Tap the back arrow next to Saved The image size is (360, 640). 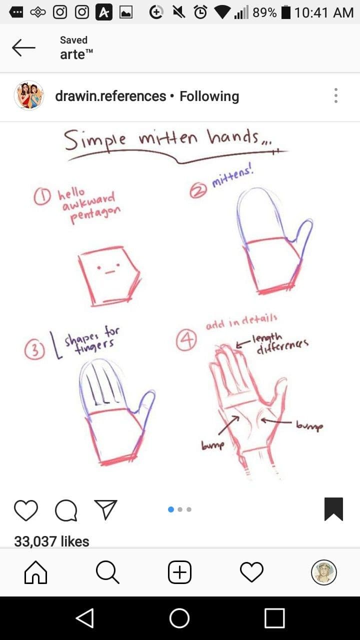point(23,47)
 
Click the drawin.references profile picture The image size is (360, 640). point(29,95)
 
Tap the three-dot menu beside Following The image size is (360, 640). point(336,95)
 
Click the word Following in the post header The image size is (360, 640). point(209,96)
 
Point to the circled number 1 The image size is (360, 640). point(42,197)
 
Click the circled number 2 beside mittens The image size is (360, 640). point(198,190)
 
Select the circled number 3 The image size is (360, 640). point(34,350)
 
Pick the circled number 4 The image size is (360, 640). point(186,340)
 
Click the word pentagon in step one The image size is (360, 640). point(95,214)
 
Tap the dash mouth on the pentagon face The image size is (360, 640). point(109,272)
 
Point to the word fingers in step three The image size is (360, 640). point(94,346)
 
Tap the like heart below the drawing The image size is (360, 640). point(26,510)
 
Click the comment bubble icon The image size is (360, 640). point(66,510)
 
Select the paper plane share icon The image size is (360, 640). point(105,509)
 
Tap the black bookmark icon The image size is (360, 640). point(333,509)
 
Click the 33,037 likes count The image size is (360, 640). point(51,541)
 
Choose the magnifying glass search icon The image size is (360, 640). point(107,571)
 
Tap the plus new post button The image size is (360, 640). point(179,572)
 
